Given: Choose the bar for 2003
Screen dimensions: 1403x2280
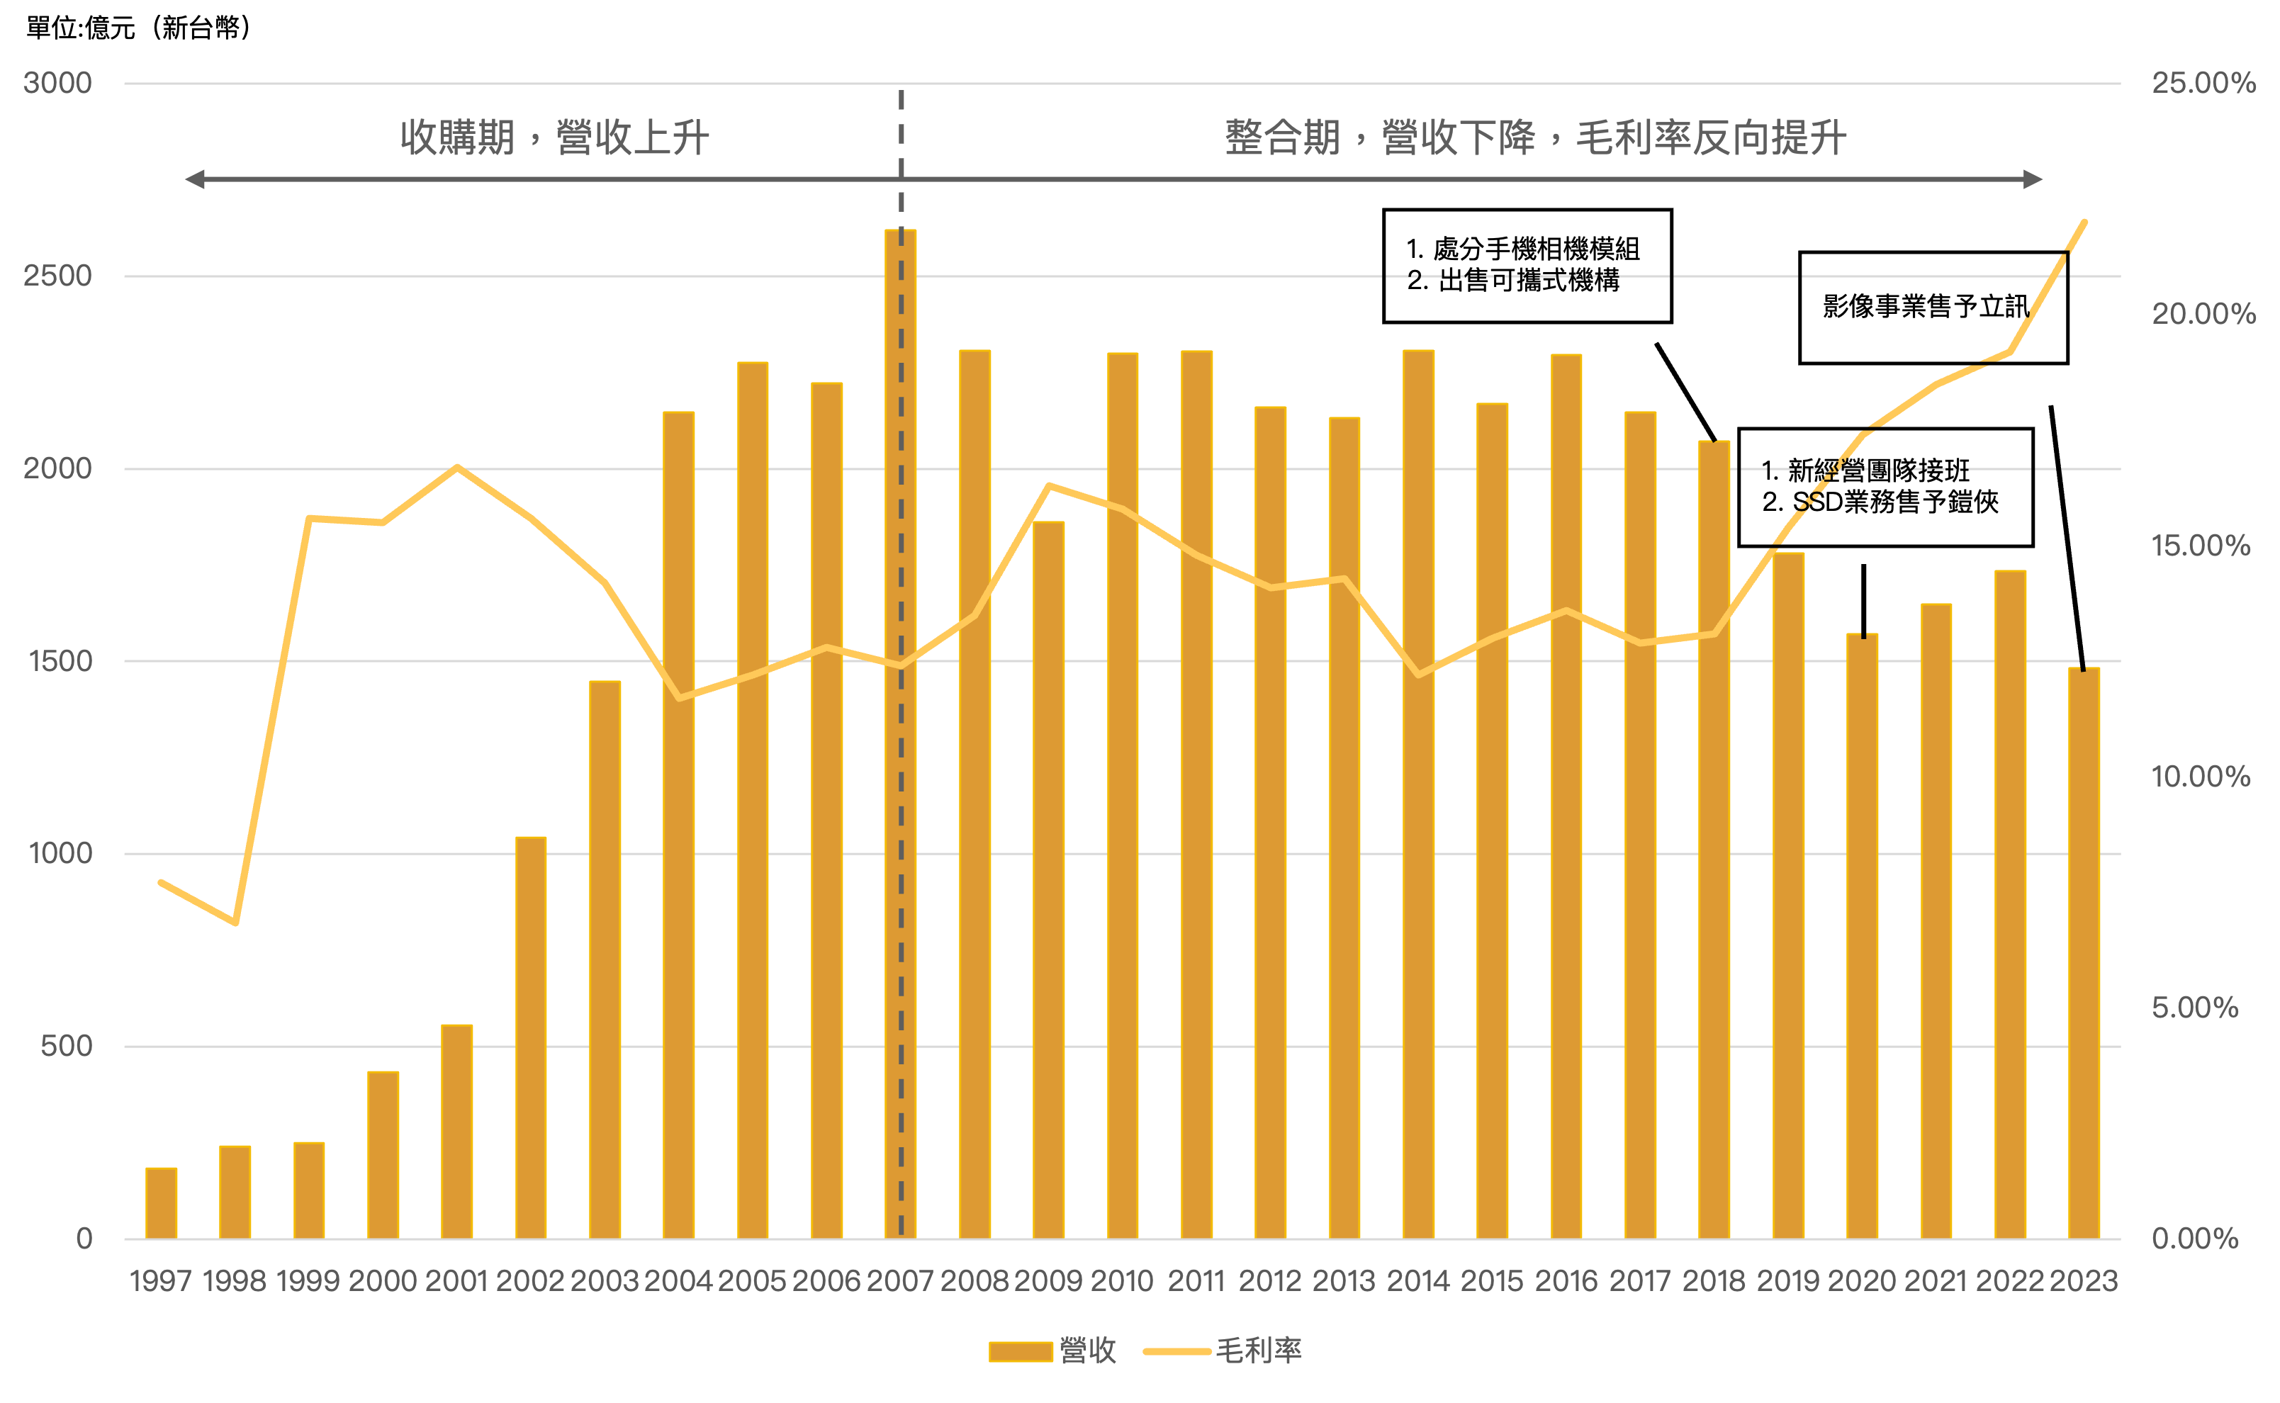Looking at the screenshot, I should [x=605, y=959].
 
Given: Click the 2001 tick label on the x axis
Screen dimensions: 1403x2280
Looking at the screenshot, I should [x=456, y=1281].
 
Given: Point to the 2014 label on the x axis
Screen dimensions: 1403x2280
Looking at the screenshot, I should [x=1418, y=1281].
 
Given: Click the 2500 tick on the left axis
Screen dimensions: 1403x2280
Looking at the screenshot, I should [x=57, y=276].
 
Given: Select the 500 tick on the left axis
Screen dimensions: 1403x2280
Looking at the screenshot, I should [x=67, y=1046].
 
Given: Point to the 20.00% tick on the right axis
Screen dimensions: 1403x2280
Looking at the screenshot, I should [x=2203, y=315].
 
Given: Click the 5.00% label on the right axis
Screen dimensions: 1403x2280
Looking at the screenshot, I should [x=2195, y=1008].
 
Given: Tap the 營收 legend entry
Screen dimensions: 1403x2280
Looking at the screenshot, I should [x=1053, y=1351].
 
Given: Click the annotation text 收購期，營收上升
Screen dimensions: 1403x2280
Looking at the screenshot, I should [x=555, y=138].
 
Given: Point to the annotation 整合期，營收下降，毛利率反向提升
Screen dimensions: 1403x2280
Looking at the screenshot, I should [x=1535, y=138].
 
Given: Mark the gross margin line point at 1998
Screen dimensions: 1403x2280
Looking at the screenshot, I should [x=236, y=923].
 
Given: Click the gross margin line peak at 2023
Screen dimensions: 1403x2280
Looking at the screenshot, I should [x=2085, y=222].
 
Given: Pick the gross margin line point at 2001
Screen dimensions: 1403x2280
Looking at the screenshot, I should [x=456, y=467].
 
